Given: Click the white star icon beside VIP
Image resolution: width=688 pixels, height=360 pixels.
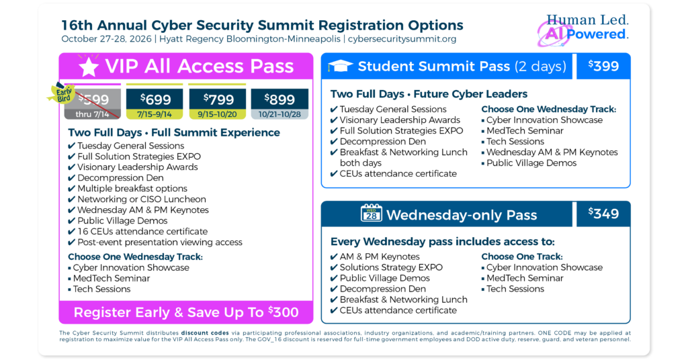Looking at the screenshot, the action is coord(89,67).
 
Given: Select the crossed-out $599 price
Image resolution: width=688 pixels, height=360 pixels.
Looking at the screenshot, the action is coord(93,99).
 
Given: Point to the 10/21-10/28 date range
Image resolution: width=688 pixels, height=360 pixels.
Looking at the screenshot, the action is coord(279,114).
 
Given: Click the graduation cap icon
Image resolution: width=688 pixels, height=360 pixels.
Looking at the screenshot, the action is coord(341,66).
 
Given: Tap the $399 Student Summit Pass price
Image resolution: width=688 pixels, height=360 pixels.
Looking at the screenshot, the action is coord(603,66).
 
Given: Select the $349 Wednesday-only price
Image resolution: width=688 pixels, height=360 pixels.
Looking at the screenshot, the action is coord(603,214).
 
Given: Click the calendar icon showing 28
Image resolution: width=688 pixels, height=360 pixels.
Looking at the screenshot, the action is coord(371,213).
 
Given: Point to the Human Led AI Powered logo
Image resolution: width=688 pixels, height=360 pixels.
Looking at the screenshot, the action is coord(583,30).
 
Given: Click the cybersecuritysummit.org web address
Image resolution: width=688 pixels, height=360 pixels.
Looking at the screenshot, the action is coord(402,39).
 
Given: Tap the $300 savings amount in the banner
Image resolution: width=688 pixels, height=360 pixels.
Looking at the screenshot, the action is coord(284,312).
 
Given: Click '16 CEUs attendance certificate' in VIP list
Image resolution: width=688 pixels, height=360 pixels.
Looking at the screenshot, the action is coord(142,232).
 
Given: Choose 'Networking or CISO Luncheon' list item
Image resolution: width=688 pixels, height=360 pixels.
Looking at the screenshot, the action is coord(142,199).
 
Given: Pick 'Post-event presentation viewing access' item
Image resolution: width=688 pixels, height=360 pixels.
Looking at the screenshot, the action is coord(160,242).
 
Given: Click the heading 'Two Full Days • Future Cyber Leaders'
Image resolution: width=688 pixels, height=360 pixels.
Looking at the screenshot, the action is coord(429,94).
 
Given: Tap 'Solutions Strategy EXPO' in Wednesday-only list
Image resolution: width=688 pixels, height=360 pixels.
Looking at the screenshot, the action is coord(391,268).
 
